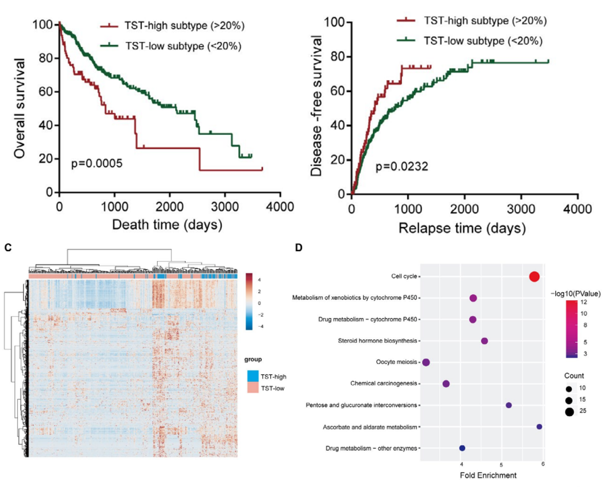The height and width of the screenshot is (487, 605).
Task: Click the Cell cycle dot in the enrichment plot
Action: [534, 277]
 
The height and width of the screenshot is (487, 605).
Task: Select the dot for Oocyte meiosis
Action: [426, 362]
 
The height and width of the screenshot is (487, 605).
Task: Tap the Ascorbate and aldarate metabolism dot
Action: [539, 427]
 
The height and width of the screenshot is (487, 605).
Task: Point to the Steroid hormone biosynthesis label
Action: [378, 341]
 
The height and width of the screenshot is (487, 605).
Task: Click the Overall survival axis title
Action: [20, 108]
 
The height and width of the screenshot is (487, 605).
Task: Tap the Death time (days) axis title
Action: [167, 224]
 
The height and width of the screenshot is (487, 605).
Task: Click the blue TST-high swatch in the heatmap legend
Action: [253, 377]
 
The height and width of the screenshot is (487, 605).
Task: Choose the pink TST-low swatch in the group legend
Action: [253, 389]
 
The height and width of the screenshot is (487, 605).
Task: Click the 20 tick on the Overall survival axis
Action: [46, 159]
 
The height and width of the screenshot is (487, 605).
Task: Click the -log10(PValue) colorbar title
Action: [576, 294]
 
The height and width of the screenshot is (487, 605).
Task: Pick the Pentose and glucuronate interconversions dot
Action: [509, 405]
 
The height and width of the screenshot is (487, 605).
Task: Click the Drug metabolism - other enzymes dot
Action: [462, 448]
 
